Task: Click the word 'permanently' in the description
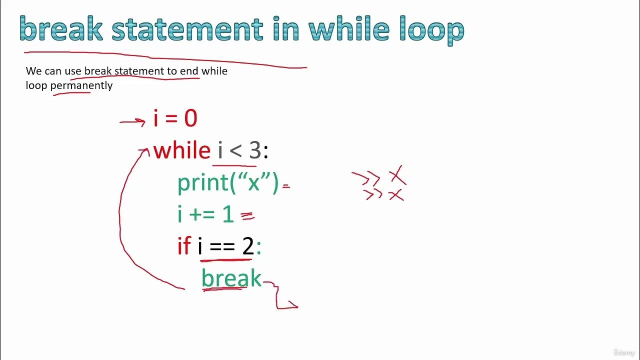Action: pos(81,85)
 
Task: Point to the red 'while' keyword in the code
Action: pos(182,150)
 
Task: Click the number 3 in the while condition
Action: pos(254,150)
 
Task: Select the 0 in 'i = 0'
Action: pos(190,119)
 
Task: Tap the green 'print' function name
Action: pos(202,183)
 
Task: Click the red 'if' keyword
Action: pos(184,246)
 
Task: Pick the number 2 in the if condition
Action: pos(248,246)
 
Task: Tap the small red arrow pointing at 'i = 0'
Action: pos(132,121)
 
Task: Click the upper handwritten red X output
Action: pos(397,176)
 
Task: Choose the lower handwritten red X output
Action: pos(396,195)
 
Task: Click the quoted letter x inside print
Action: pos(254,184)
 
